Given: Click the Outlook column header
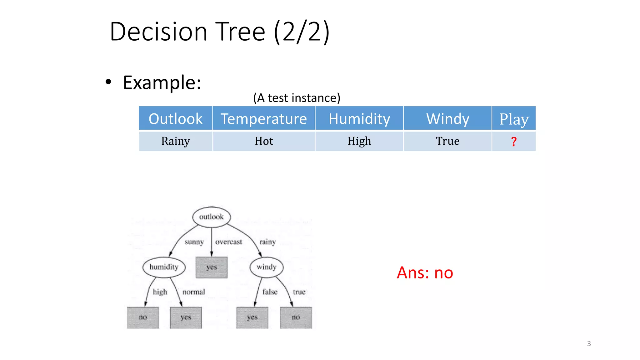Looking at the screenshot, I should tap(176, 119).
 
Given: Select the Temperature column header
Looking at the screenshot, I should tap(264, 119).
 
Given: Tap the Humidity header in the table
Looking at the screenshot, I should tap(359, 119).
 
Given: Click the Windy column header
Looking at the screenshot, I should tap(447, 119).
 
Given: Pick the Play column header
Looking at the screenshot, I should tap(514, 119).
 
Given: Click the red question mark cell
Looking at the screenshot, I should tap(514, 142).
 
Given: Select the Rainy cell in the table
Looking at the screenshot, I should tap(176, 141).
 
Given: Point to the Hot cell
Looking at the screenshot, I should tap(264, 141).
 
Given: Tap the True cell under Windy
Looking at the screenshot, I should tap(447, 141).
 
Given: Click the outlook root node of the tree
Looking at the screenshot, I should tap(212, 217).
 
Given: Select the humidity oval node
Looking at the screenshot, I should tap(164, 267).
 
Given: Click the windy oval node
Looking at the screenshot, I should tap(267, 267).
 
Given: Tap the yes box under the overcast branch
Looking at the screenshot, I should tap(212, 267).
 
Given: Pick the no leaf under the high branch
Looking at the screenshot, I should tap(143, 317).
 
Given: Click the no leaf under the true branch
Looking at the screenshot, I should tap(296, 317).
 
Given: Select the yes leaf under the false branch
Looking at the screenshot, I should tap(252, 317).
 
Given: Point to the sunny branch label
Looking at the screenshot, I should tap(194, 242).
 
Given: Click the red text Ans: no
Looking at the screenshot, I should tap(425, 272).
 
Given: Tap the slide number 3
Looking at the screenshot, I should tap(589, 343).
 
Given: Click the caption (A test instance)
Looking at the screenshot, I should tap(297, 98).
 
